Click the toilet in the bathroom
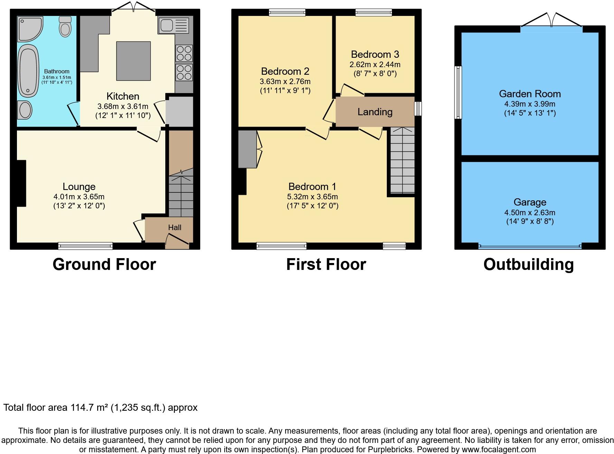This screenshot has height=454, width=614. (65, 27)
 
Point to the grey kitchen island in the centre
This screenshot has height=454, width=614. (133, 61)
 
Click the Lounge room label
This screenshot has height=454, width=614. (79, 187)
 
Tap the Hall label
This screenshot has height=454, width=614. (175, 227)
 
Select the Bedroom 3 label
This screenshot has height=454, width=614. (375, 54)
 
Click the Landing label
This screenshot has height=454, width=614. (375, 112)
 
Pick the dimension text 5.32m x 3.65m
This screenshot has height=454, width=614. (313, 197)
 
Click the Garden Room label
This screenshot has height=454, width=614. (530, 94)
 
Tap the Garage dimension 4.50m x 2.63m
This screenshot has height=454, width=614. (530, 212)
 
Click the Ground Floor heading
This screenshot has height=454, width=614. (104, 264)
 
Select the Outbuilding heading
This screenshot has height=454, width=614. (528, 264)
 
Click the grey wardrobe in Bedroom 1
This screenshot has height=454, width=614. (247, 149)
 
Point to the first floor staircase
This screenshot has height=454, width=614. (402, 160)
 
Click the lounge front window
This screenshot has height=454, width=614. (85, 246)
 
